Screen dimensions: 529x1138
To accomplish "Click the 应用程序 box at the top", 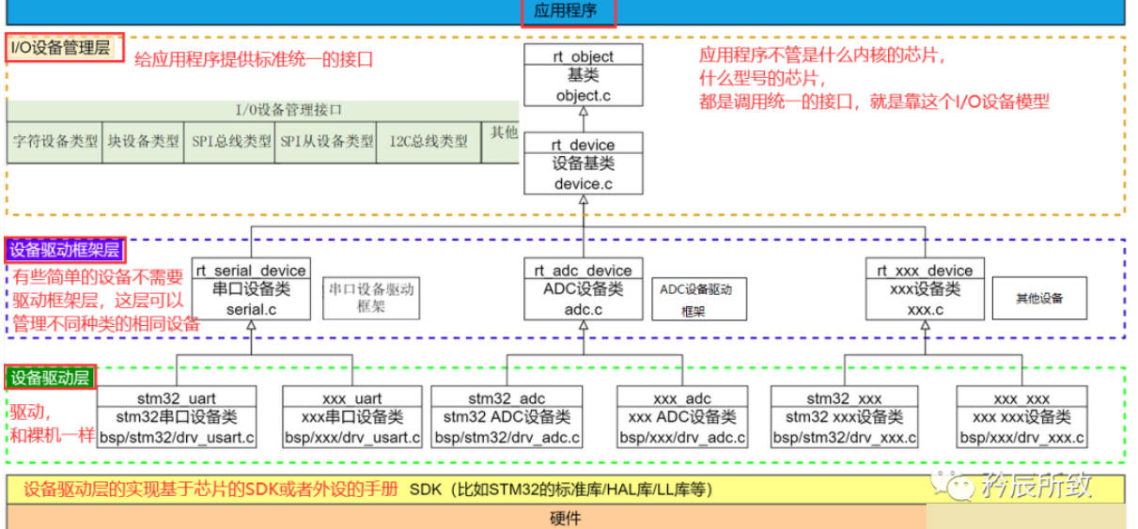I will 569,13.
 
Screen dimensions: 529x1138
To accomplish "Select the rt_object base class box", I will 584,76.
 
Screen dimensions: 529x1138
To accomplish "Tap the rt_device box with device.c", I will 584,164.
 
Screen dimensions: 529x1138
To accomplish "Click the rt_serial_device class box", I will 251,289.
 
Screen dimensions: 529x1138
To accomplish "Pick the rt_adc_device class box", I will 584,289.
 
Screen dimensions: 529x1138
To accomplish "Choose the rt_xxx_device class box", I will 925,289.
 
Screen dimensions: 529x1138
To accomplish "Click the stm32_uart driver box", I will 177,417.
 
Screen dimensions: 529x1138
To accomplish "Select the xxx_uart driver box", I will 352,417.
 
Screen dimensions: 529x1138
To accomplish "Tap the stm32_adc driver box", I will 507,417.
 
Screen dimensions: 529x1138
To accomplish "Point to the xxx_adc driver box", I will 682,417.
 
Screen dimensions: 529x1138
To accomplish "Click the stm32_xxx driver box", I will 844,417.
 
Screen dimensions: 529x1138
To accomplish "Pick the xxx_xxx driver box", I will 1021,417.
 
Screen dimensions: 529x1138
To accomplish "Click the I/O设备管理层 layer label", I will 65,47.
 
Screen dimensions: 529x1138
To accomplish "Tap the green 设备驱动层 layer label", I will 50,378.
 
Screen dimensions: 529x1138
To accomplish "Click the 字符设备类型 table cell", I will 55,142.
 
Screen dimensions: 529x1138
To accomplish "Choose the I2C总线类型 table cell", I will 429,142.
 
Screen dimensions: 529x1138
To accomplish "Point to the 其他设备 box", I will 1038,298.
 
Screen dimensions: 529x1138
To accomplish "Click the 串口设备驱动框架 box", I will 371,298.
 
